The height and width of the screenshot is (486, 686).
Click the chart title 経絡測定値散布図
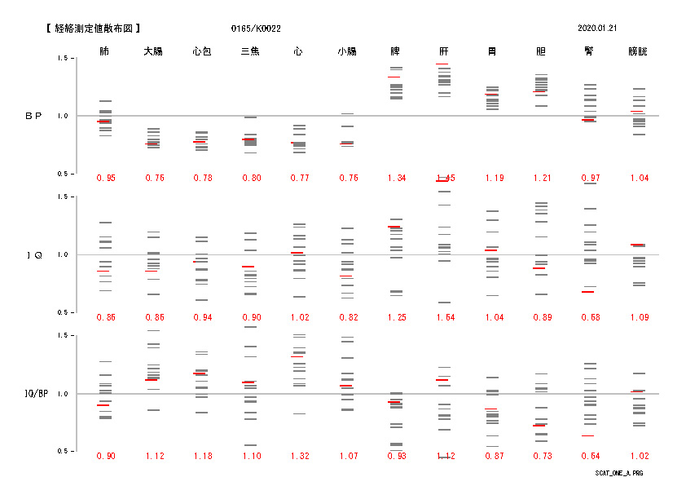[100, 29]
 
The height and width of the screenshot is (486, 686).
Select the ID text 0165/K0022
[256, 29]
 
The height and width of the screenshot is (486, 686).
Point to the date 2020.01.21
[597, 29]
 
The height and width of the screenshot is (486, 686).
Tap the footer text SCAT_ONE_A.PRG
[619, 473]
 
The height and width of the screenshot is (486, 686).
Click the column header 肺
[104, 51]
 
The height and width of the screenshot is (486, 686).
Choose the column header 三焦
[249, 51]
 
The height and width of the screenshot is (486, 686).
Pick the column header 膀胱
[638, 51]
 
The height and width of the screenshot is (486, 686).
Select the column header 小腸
[346, 51]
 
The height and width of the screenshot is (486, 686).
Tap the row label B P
[33, 117]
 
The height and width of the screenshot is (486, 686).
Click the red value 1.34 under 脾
[396, 179]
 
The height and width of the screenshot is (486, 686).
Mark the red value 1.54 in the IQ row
[444, 317]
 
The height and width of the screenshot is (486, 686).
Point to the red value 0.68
[589, 317]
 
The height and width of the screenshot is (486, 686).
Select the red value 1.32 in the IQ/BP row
[299, 456]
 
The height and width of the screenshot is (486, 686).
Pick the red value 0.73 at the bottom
[541, 456]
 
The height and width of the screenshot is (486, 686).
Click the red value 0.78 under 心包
[202, 179]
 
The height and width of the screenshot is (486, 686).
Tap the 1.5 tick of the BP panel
[62, 59]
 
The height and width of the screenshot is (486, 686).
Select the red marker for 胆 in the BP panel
[540, 91]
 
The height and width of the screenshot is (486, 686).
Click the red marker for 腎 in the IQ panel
[588, 291]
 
